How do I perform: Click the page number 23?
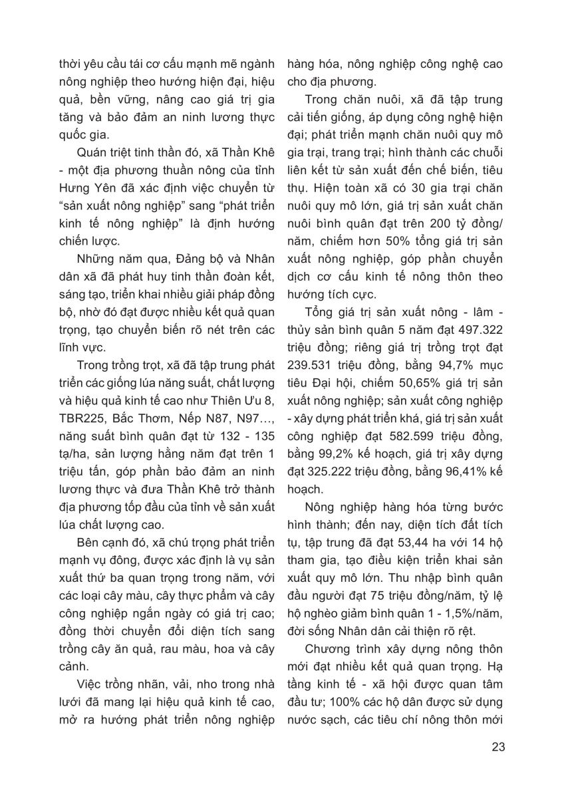click(498, 746)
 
